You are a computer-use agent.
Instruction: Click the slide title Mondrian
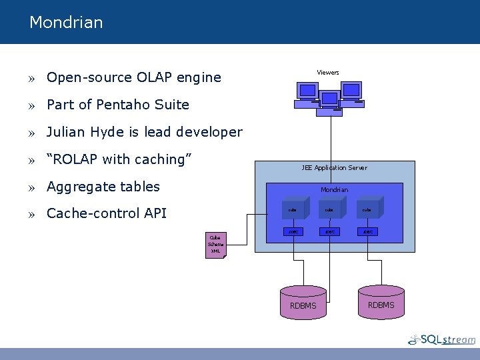click(66, 23)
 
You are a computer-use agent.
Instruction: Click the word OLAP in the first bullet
click(154, 77)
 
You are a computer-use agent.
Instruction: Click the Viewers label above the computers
click(327, 73)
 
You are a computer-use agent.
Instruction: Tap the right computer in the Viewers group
click(351, 93)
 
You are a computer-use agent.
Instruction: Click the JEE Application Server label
click(334, 168)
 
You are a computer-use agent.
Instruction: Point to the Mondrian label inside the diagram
click(334, 190)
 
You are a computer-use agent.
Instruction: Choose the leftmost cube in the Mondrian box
click(294, 209)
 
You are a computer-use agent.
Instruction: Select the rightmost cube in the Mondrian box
click(369, 209)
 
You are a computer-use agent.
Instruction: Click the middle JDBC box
click(329, 232)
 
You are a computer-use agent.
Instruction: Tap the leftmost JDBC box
click(292, 232)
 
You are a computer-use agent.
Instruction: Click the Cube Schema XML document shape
click(216, 245)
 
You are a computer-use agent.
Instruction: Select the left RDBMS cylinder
click(303, 301)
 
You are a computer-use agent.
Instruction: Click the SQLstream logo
click(443, 339)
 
